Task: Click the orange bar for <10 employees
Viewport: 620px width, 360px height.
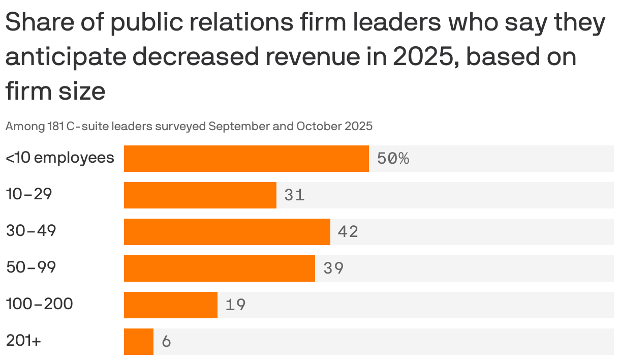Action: (246, 159)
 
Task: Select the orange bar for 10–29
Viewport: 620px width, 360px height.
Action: (200, 195)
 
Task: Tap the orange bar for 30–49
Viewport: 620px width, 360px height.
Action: (227, 232)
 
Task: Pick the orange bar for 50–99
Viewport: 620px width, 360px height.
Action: (219, 268)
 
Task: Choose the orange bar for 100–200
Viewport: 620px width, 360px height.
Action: (170, 305)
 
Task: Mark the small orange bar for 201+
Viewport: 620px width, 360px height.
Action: (138, 342)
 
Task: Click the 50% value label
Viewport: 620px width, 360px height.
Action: (393, 159)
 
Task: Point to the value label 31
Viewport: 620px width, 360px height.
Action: (295, 195)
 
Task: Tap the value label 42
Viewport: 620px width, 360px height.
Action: (348, 232)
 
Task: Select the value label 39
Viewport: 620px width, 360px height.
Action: (333, 268)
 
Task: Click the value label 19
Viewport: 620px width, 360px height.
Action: (235, 305)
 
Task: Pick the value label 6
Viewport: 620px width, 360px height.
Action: (166, 342)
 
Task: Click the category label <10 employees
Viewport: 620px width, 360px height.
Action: (60, 158)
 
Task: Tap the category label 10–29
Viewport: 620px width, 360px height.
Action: (29, 194)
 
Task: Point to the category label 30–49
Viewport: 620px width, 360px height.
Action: (31, 231)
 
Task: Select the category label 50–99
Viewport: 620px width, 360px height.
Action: (31, 267)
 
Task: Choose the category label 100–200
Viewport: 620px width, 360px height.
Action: (40, 304)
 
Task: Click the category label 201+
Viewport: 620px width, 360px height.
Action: (23, 341)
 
